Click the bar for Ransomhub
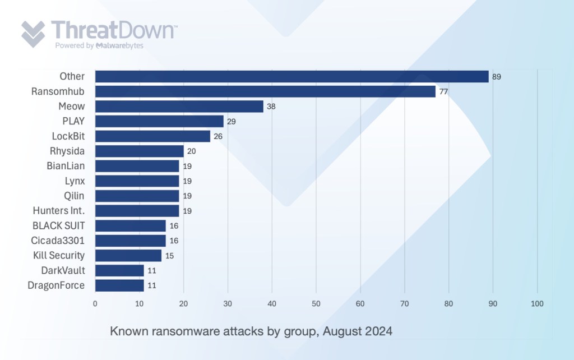tap(265, 91)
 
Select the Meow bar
tap(179, 107)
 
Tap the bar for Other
tap(291, 77)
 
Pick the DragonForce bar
tap(119, 285)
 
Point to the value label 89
tap(497, 77)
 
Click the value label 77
tap(443, 92)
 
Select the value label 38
tap(271, 107)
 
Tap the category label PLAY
tap(73, 121)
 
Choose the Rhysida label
tap(67, 151)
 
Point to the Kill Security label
tap(58, 255)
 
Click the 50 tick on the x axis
tap(316, 303)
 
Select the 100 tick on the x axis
tap(537, 303)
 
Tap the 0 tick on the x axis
tap(95, 303)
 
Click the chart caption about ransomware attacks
tap(251, 331)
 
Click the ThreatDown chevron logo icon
tap(33, 34)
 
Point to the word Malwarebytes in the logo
tap(119, 45)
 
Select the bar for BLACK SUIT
tap(131, 225)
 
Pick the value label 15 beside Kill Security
tap(169, 256)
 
